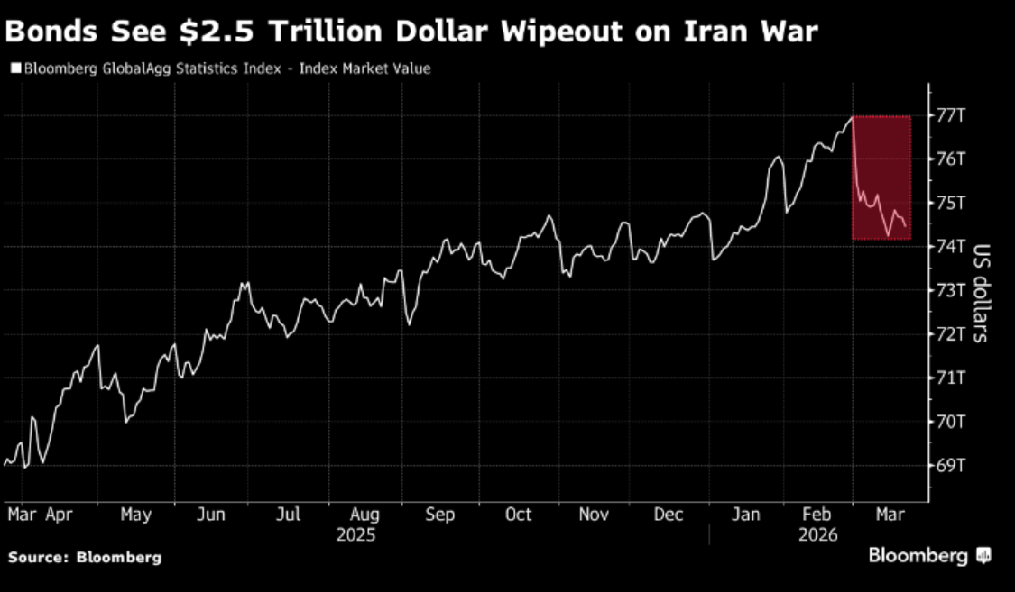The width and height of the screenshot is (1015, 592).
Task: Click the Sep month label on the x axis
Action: (x=439, y=515)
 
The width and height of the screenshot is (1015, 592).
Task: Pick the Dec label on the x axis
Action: (x=669, y=515)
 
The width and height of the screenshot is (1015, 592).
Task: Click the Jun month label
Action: (x=210, y=515)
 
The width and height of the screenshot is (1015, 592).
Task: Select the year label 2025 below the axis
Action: (x=355, y=534)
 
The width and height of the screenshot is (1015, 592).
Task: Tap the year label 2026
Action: (x=817, y=534)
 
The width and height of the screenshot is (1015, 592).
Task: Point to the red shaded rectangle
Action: (x=881, y=178)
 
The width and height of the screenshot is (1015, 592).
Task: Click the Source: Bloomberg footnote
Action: (x=85, y=558)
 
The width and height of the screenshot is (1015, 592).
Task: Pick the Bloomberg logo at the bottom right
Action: (x=929, y=556)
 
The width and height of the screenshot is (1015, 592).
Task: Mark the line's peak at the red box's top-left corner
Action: (x=853, y=117)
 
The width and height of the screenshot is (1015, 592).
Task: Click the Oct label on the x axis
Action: (x=519, y=515)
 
